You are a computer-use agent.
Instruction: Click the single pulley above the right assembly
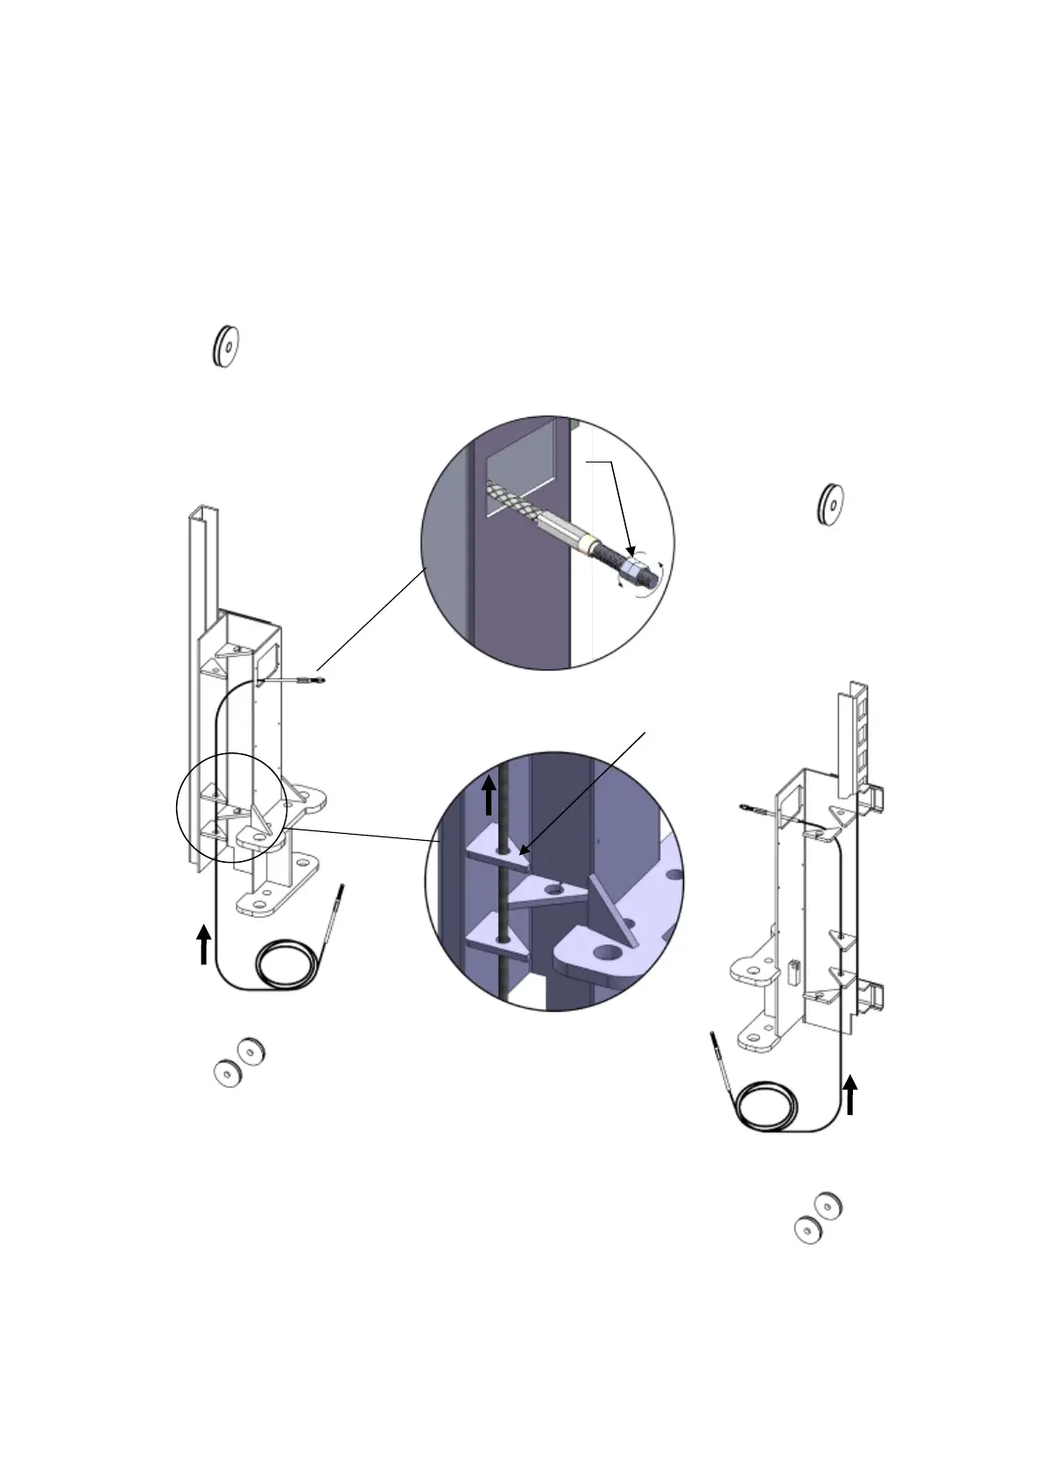tap(828, 505)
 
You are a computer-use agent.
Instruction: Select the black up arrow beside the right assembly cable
tap(849, 1096)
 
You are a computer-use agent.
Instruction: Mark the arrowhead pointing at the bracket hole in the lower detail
tap(522, 849)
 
